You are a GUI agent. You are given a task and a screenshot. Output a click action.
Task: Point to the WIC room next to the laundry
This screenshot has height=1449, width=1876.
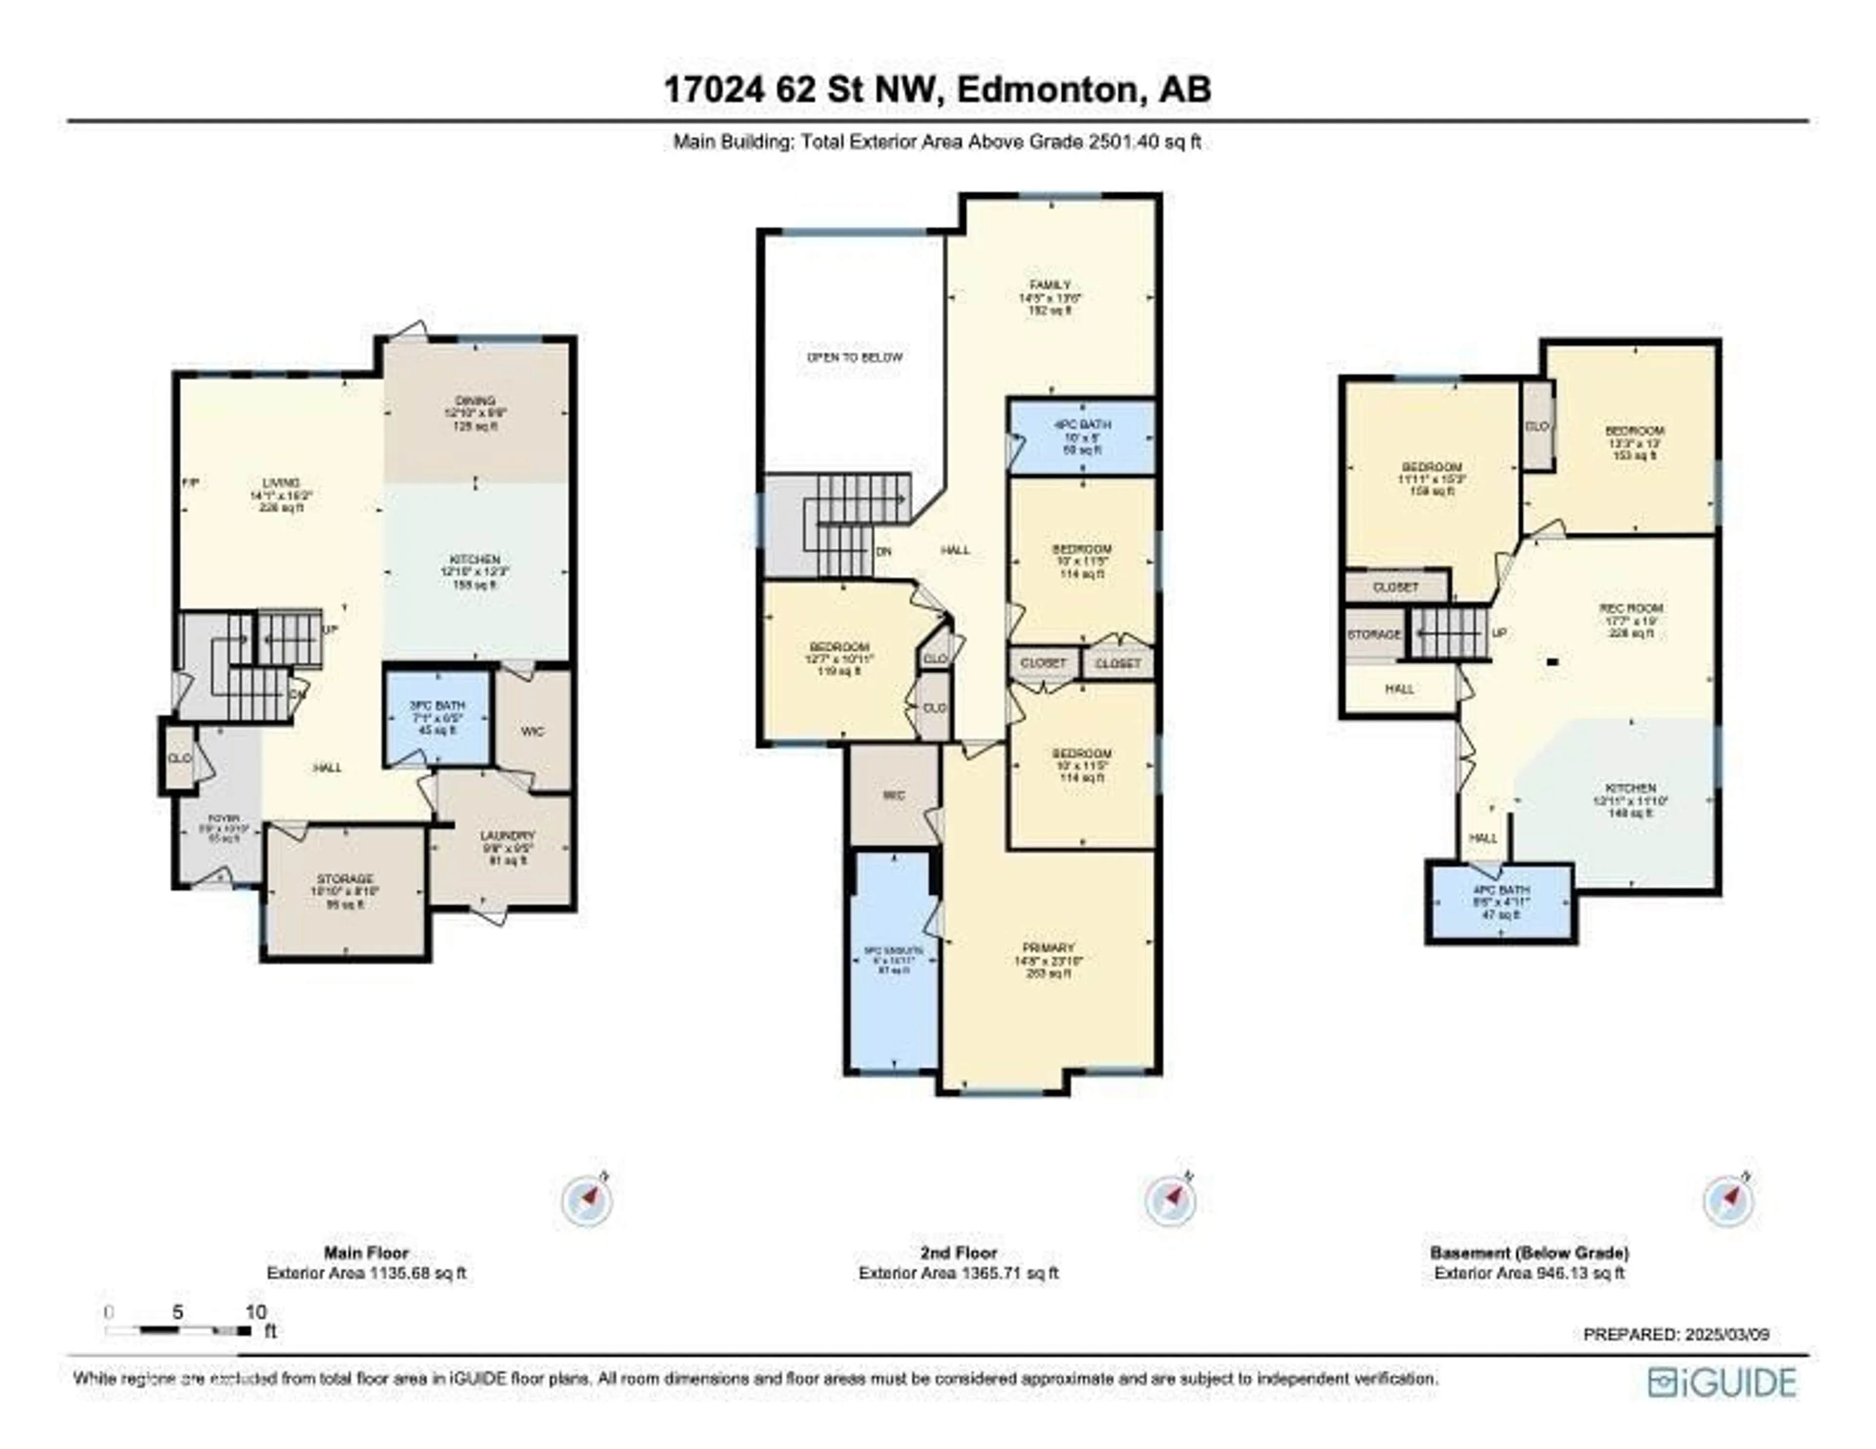tap(533, 731)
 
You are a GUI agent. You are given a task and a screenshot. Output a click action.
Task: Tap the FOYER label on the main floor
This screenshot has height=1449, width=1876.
tap(222, 829)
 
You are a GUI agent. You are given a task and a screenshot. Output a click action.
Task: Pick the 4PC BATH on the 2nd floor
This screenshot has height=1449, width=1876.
tap(1082, 436)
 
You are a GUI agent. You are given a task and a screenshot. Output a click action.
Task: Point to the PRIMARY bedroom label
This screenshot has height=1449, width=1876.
tap(1048, 960)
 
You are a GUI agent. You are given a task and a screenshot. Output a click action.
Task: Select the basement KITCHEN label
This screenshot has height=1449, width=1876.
tap(1630, 799)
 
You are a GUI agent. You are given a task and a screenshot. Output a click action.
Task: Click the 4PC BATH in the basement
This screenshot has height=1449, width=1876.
tap(1501, 902)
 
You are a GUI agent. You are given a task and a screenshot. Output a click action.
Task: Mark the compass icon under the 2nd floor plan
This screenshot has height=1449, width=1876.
tap(1170, 1200)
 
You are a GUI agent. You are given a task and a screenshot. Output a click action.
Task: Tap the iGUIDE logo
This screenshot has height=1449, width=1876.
tap(1722, 1382)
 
